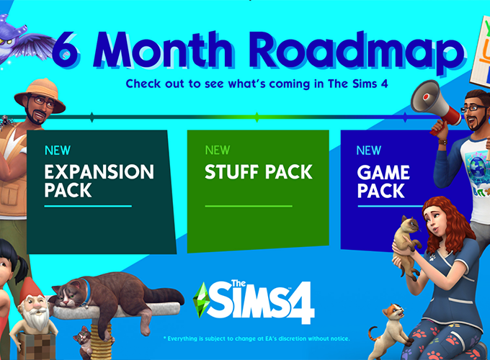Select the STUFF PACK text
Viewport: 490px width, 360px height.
tap(258, 173)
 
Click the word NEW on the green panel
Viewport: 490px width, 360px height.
tap(218, 150)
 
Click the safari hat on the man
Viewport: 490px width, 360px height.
tap(40, 96)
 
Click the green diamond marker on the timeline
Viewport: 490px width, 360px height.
tap(257, 116)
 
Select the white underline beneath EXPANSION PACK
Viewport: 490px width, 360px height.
tap(88, 206)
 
